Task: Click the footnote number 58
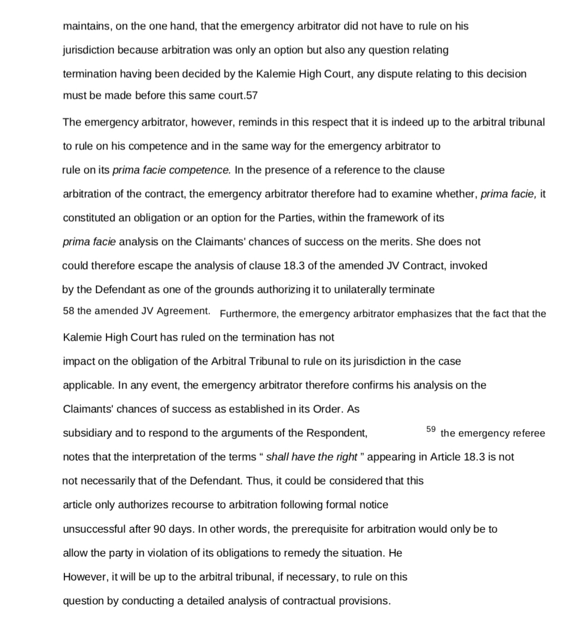[68, 311]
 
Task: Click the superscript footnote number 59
[430, 429]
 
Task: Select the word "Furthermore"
[248, 314]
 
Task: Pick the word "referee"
[528, 434]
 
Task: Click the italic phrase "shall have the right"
[311, 457]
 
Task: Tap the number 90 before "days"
[160, 529]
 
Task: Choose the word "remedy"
[302, 553]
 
